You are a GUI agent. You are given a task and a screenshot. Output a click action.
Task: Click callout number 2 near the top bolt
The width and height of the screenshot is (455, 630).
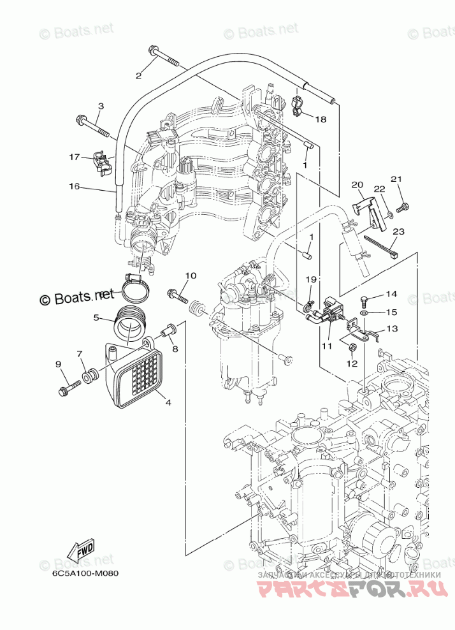coord(138,76)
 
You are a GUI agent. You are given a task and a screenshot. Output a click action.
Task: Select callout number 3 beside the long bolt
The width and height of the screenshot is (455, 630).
coord(101,106)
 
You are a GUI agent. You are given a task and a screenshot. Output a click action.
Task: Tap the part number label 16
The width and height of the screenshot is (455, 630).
coord(75,186)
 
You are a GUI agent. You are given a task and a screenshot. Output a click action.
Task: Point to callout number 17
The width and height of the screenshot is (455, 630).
coord(75,156)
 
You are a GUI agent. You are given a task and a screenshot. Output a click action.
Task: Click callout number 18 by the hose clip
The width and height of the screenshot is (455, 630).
coord(320,119)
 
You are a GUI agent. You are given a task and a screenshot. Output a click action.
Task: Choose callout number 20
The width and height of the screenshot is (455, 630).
coord(357,185)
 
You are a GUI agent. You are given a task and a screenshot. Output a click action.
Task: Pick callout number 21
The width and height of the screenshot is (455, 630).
coord(396,179)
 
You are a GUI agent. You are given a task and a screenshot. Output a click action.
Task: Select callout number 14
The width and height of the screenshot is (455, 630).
coord(391,294)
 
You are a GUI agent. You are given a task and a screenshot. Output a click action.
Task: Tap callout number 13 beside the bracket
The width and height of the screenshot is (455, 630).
coord(391,329)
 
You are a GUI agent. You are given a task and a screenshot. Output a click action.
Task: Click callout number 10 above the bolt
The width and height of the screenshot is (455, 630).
coord(190,276)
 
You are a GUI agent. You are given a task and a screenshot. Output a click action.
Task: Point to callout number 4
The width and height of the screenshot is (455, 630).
coord(168,402)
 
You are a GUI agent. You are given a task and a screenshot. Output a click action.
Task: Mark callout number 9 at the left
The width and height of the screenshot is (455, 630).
coord(58,364)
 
